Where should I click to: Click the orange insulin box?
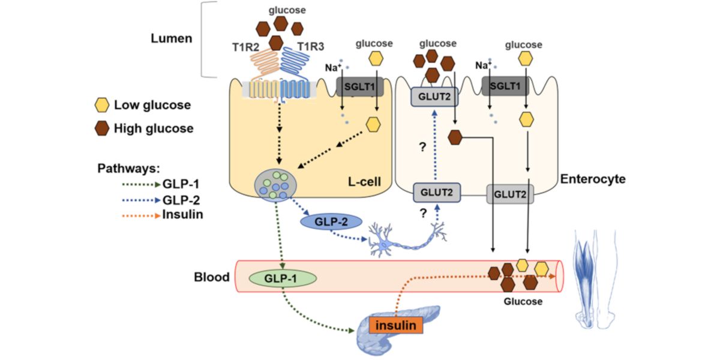[396, 325]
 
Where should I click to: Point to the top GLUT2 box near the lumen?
[430, 97]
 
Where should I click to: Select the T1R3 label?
[311, 48]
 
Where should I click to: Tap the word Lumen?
[172, 38]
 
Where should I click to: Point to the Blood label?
[212, 277]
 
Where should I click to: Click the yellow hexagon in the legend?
[103, 106]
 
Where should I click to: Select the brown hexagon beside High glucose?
[103, 128]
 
